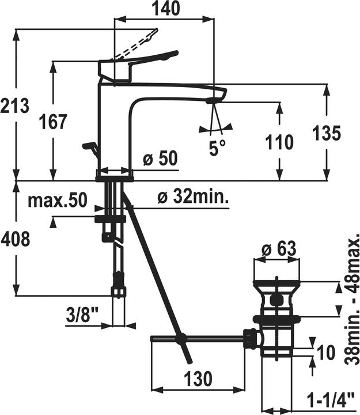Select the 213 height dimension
point(14,105)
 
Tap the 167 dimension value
point(53,122)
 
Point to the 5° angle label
point(217,148)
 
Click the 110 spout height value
point(279,142)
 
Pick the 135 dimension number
point(327,133)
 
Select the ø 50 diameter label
point(160,159)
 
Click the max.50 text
point(58,200)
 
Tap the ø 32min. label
point(194,197)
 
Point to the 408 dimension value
point(15,239)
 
